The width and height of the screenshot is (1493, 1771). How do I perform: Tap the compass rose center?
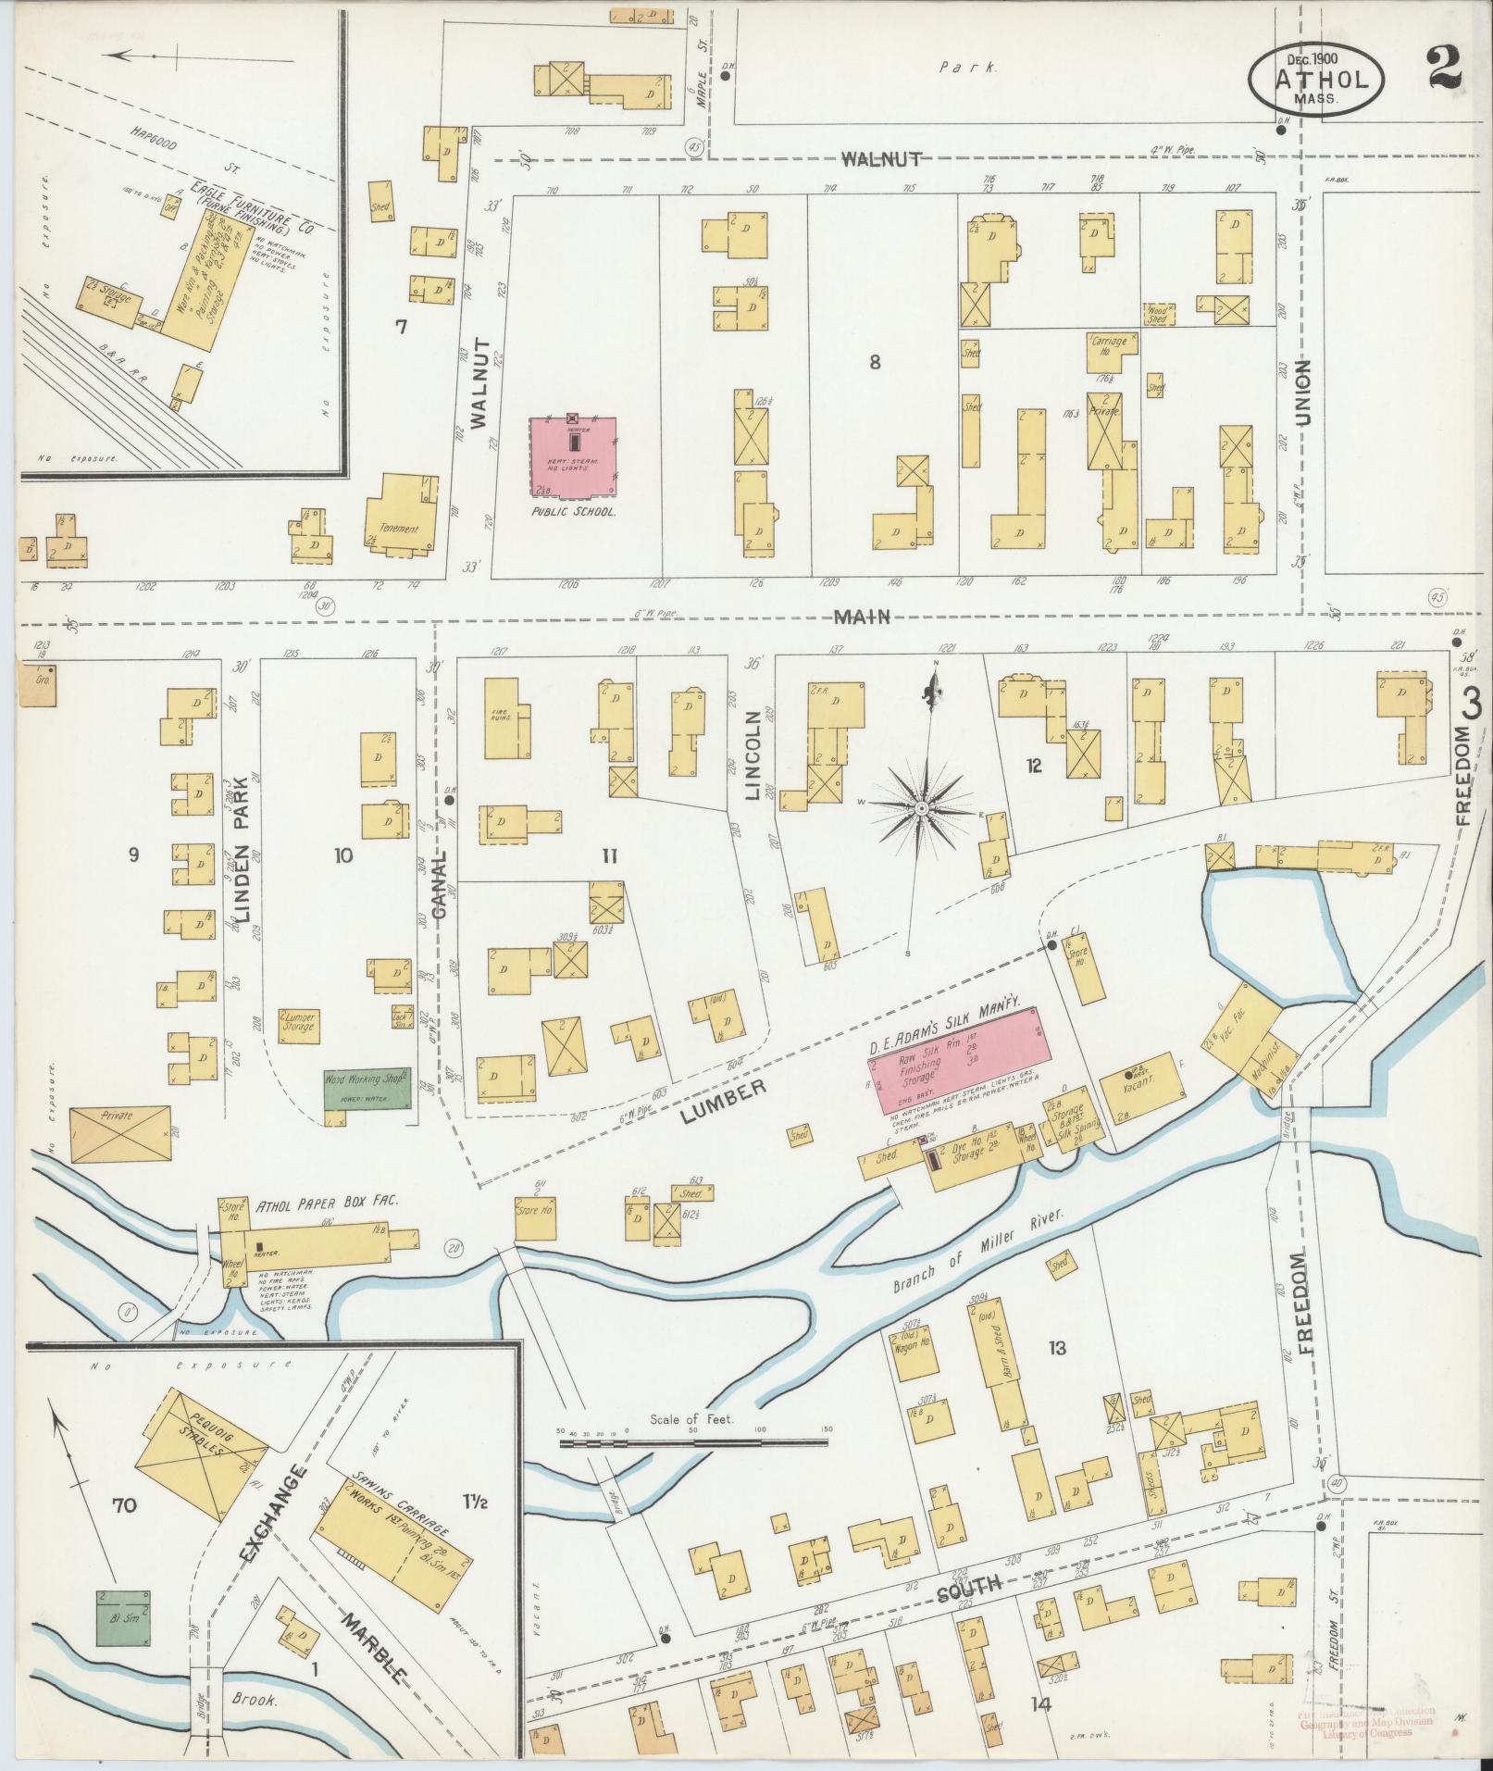pos(922,809)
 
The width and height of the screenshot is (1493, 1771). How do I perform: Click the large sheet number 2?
pos(1446,67)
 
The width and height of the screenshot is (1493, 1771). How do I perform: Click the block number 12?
pos(1034,765)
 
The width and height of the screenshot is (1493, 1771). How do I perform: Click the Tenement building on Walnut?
pos(400,514)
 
